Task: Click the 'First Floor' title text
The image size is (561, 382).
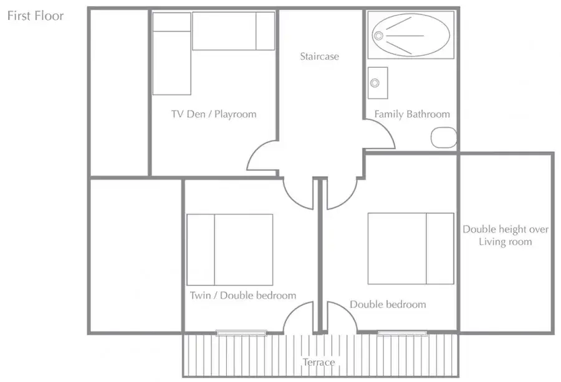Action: (36, 16)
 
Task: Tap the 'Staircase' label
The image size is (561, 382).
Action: (319, 56)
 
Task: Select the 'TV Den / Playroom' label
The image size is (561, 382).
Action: (214, 114)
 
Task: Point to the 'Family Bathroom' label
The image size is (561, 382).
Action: (412, 114)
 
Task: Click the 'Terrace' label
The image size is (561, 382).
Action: (319, 362)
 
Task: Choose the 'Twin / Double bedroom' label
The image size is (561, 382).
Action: (243, 296)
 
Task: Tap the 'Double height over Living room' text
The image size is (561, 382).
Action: (505, 235)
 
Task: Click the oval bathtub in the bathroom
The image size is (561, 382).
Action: (411, 35)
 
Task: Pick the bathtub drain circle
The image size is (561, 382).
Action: (378, 35)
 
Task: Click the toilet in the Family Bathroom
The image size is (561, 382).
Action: (444, 137)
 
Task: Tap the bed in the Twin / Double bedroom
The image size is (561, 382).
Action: (229, 249)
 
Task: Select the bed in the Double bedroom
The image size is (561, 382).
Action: (411, 249)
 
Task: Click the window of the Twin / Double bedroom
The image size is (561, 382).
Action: (241, 333)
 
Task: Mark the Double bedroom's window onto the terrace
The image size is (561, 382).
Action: (403, 333)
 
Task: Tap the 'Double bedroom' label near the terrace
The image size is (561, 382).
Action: (388, 304)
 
